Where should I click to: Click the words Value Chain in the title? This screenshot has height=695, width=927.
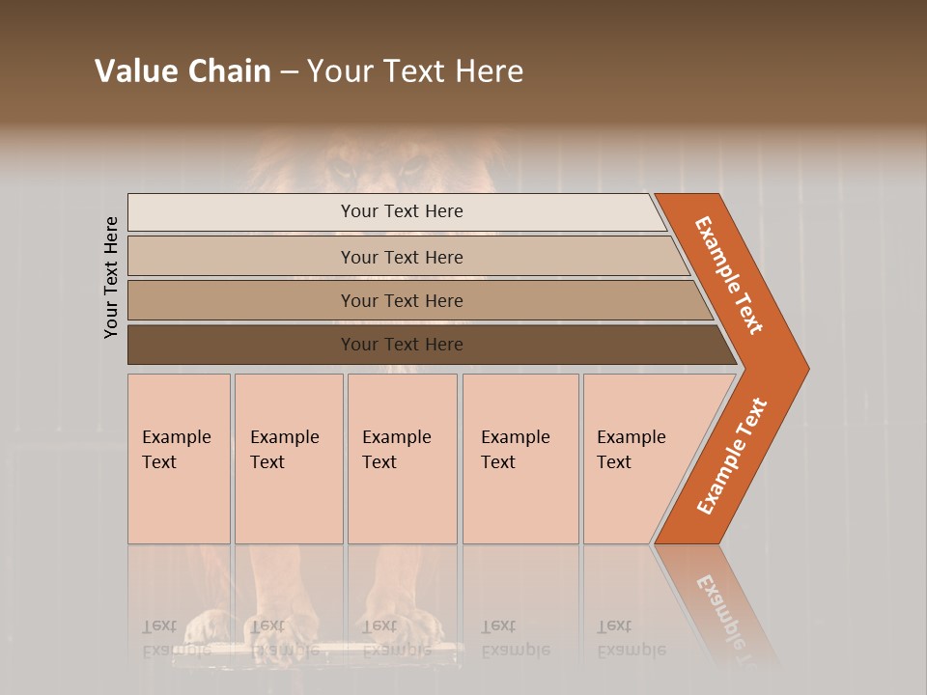click(183, 71)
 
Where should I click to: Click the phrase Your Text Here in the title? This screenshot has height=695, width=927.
click(415, 71)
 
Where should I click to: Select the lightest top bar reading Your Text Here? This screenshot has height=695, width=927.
click(402, 211)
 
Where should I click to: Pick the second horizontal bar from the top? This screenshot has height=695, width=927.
click(402, 257)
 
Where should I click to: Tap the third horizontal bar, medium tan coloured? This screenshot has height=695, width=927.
click(402, 300)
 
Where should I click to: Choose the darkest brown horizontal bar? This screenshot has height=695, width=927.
click(402, 345)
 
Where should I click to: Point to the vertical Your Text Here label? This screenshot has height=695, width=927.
click(112, 277)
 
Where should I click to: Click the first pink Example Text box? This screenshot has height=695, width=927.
click(179, 459)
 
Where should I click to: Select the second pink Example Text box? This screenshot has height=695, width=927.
click(288, 459)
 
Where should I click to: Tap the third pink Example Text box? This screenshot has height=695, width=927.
click(402, 459)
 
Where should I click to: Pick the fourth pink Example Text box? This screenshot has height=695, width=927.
click(520, 459)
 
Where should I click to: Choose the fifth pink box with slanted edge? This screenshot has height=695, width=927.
click(637, 459)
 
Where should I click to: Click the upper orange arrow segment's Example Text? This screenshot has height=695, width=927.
click(729, 275)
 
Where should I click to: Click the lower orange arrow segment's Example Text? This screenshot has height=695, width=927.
click(732, 457)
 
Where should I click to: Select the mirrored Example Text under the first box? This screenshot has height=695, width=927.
click(176, 638)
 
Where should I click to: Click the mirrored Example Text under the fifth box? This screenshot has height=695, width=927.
click(631, 638)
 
